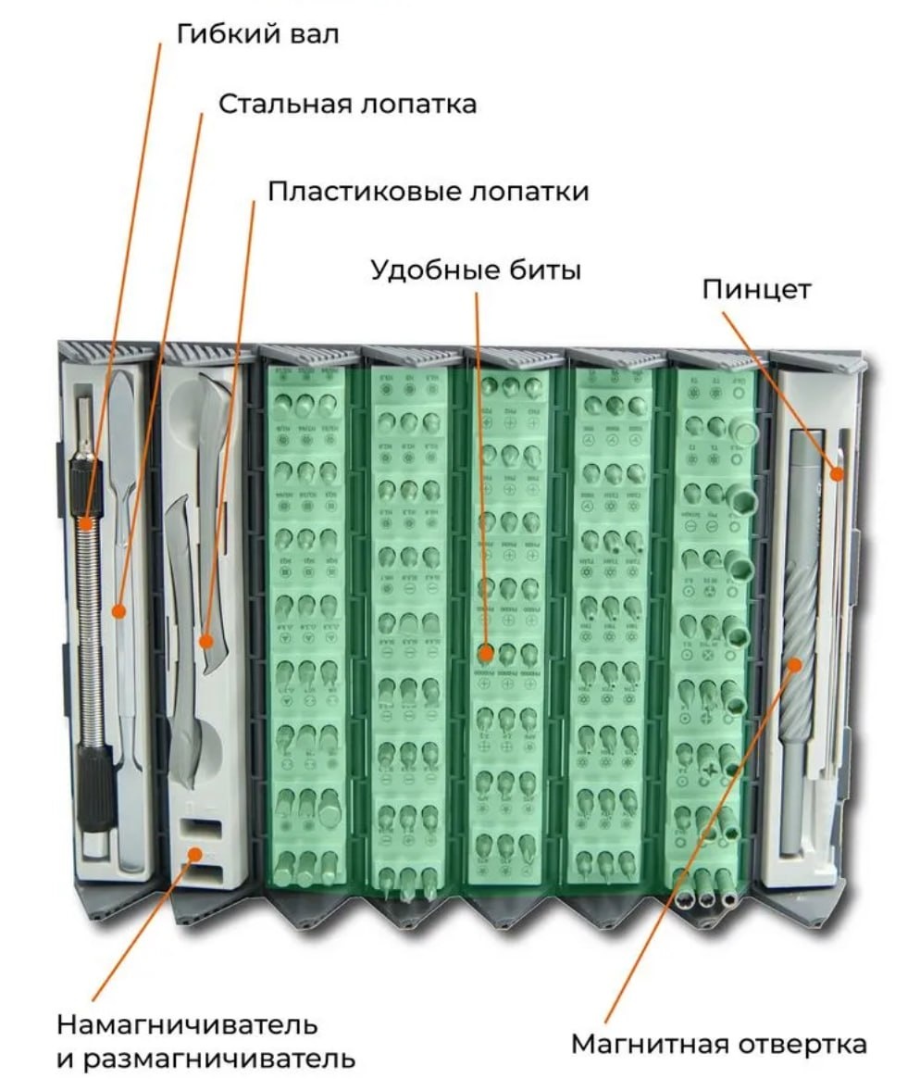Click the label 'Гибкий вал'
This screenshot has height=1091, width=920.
point(257,35)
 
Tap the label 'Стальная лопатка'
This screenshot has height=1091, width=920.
point(347,104)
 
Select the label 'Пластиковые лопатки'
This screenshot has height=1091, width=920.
point(428,192)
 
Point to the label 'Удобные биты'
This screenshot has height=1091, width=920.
point(476,270)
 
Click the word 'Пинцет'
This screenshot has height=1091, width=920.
point(756,289)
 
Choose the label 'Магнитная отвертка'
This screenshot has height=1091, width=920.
point(718,1045)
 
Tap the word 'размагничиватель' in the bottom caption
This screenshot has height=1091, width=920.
point(218,1059)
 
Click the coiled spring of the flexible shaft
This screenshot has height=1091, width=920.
point(89,630)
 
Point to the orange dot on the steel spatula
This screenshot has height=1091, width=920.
point(118,610)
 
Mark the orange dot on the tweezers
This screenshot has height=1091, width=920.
point(836,474)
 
